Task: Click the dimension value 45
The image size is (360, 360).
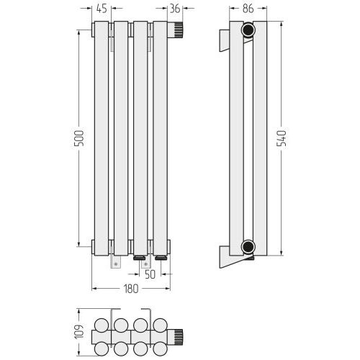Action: click(102, 9)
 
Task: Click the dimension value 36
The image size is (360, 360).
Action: click(175, 9)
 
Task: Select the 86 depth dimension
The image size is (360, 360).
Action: click(248, 9)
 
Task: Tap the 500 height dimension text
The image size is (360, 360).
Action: click(79, 138)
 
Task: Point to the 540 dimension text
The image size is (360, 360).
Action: click(282, 138)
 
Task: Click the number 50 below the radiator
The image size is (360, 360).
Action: click(150, 274)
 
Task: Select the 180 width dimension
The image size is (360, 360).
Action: click(131, 289)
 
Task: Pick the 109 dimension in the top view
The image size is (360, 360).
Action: click(79, 332)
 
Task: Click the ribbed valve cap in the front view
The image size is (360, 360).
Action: click(179, 30)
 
